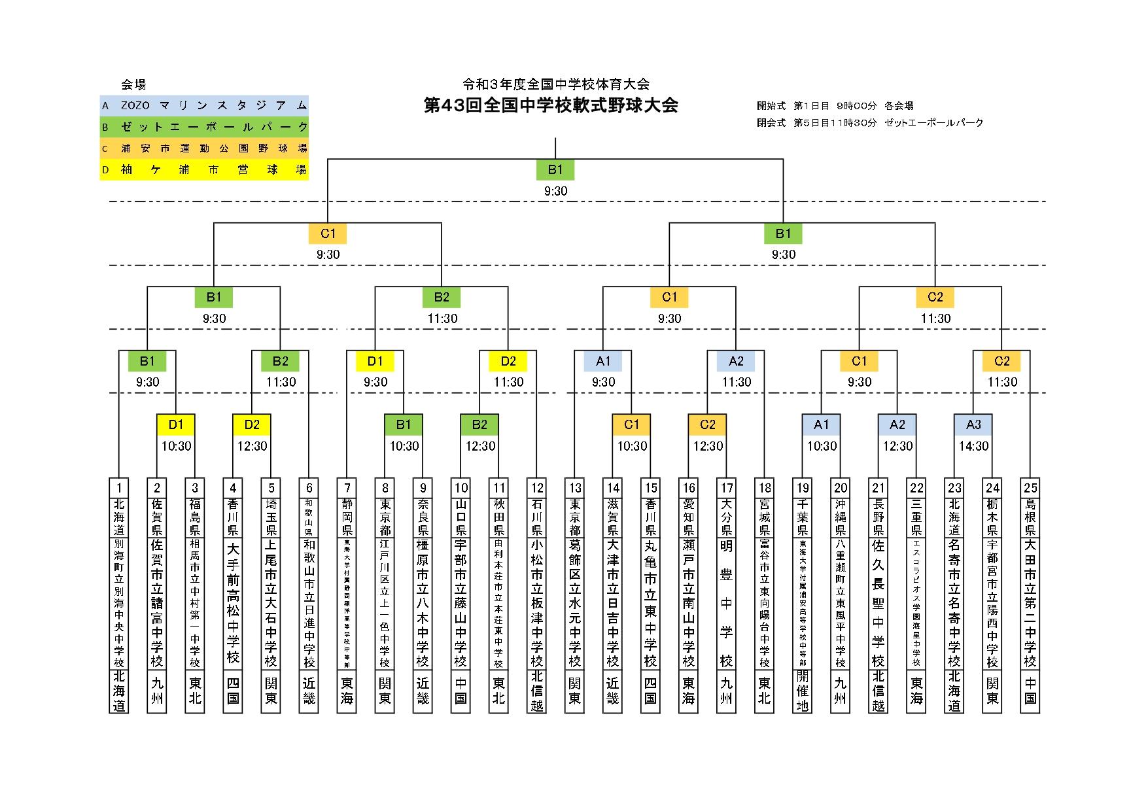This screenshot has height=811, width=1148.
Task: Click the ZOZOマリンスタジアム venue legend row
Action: pyautogui.click(x=204, y=105)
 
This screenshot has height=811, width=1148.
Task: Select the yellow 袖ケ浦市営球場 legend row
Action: pyautogui.click(x=204, y=170)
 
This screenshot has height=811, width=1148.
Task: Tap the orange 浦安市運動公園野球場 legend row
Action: pyautogui.click(x=204, y=148)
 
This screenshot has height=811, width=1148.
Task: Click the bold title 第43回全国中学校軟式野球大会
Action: pyautogui.click(x=551, y=105)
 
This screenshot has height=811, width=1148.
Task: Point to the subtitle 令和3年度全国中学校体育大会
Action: pyautogui.click(x=555, y=84)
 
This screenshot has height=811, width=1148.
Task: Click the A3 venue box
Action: pyautogui.click(x=973, y=425)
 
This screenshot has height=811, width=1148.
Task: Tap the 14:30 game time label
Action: pyautogui.click(x=973, y=446)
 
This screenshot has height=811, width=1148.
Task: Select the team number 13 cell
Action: pyautogui.click(x=575, y=487)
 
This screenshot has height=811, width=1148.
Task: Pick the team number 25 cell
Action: pyautogui.click(x=1030, y=487)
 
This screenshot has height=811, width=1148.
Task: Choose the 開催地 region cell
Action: pyautogui.click(x=803, y=691)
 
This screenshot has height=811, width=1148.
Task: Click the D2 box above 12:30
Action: pyautogui.click(x=252, y=425)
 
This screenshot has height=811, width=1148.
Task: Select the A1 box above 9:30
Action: pyautogui.click(x=603, y=361)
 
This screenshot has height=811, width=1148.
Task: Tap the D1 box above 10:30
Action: pyautogui.click(x=176, y=425)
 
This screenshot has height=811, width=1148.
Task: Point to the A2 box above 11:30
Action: pyautogui.click(x=736, y=361)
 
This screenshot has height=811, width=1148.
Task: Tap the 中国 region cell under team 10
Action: pyautogui.click(x=461, y=691)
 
